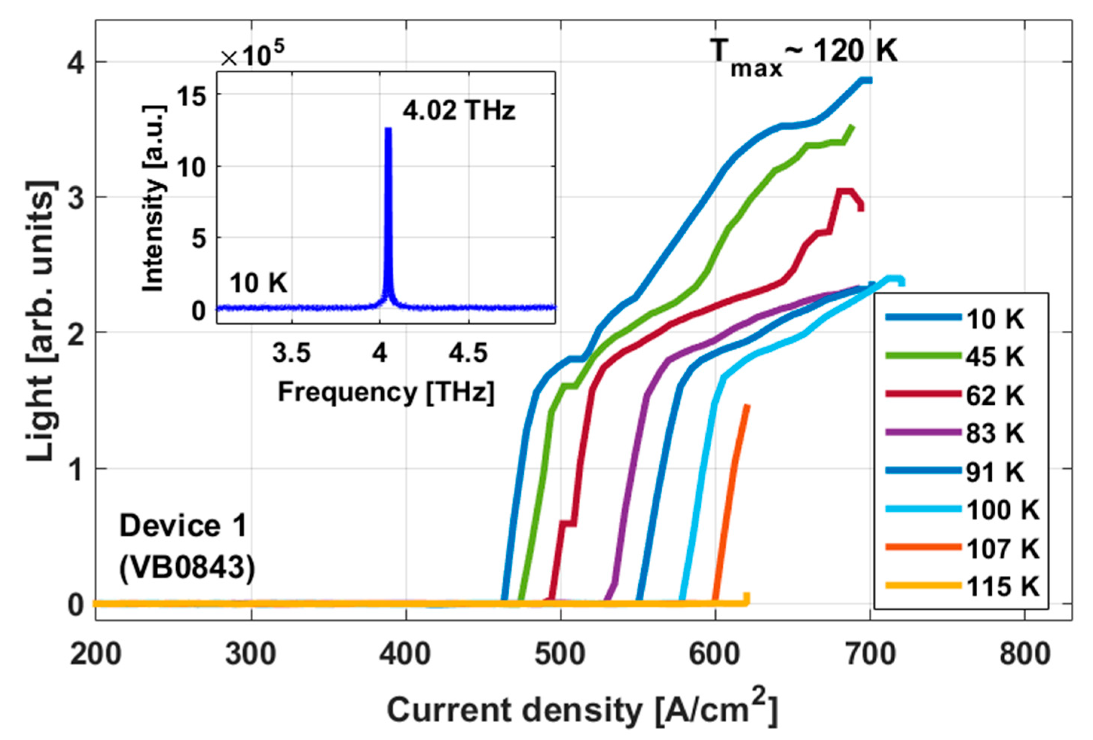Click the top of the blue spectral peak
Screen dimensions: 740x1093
pyautogui.click(x=388, y=129)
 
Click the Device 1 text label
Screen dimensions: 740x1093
pyautogui.click(x=183, y=526)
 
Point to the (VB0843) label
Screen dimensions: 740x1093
pyautogui.click(x=187, y=568)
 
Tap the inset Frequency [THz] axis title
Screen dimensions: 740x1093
pyautogui.click(x=386, y=392)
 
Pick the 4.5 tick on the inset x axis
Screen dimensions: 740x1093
pyautogui.click(x=468, y=353)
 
